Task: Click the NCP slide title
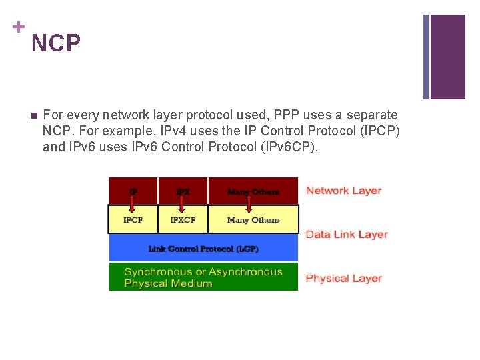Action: click(56, 44)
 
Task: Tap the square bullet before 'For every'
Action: click(34, 115)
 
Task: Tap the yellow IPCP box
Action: click(133, 220)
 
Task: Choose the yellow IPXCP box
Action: click(183, 220)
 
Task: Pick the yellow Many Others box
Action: click(253, 220)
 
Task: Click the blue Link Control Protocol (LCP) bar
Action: click(203, 249)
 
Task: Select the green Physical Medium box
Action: click(203, 277)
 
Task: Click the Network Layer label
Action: click(343, 191)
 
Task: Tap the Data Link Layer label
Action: click(346, 235)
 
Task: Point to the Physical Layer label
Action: click(343, 279)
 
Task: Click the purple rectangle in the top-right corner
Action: click(447, 57)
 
